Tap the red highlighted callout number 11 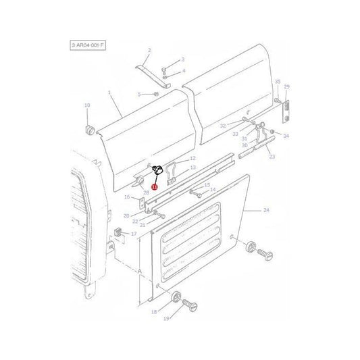pos(154,186)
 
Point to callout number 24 pos(265,211)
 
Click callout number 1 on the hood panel pos(107,93)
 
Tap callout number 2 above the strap pos(149,51)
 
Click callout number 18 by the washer pos(154,312)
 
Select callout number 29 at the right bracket pos(286,87)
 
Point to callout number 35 pos(277,82)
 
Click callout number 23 pos(272,157)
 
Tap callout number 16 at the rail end pos(126,197)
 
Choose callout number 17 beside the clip pos(134,234)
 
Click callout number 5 pos(138,94)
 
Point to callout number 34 pos(286,136)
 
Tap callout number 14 pos(213,190)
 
